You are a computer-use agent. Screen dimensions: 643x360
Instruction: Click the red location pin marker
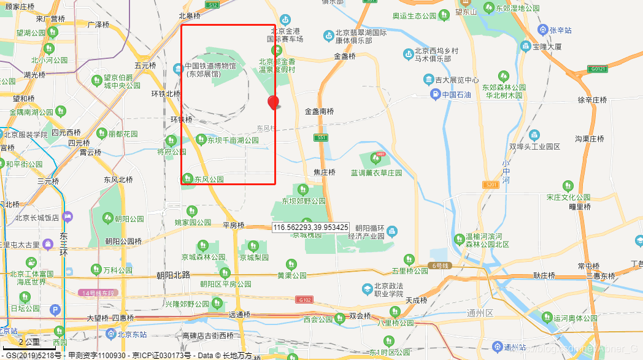273,102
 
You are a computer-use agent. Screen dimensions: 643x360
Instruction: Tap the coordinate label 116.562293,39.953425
311,227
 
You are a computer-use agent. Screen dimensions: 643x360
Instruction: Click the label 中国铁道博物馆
210,66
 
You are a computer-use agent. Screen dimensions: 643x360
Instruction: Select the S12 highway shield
212,4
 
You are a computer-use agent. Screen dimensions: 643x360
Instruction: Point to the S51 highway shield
321,137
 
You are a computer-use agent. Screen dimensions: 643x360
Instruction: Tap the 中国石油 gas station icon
434,94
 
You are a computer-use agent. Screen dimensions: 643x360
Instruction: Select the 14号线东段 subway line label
98,293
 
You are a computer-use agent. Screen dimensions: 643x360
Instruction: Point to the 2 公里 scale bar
29,342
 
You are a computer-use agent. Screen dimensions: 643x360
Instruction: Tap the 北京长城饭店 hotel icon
67,216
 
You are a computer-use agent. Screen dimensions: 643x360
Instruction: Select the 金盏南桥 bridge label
320,112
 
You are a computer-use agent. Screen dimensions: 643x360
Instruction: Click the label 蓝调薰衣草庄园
376,173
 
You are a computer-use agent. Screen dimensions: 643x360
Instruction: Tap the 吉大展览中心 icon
428,80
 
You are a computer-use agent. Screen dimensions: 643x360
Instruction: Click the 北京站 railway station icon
110,334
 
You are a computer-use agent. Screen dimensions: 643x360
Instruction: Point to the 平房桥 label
234,225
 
